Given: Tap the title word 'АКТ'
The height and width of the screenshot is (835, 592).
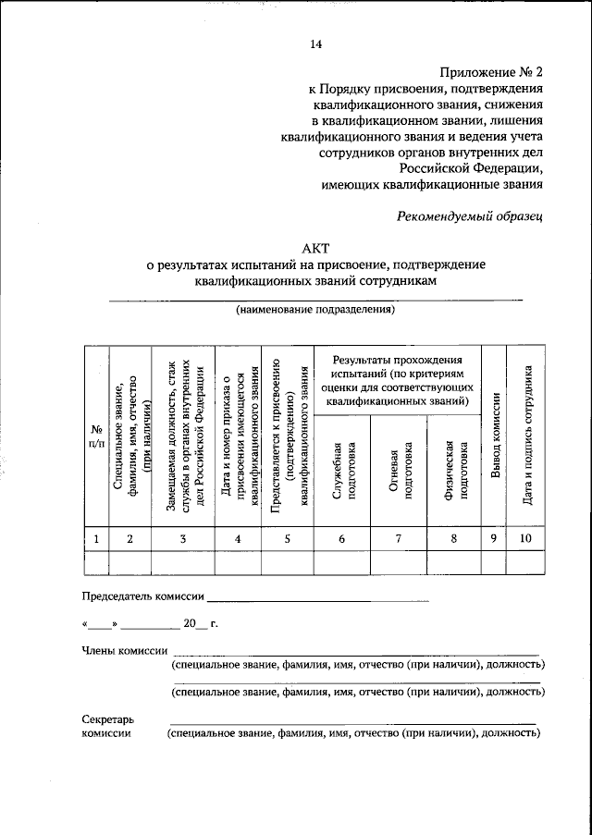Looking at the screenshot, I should pyautogui.click(x=315, y=249).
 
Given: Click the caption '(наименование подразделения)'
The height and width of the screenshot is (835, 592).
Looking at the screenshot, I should pyautogui.click(x=314, y=309).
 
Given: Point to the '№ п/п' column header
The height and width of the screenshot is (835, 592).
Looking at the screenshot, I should pyautogui.click(x=95, y=436).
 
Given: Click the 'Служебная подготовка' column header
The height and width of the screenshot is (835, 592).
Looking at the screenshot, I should pyautogui.click(x=342, y=471).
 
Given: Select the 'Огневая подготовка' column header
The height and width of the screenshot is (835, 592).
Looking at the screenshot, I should pyautogui.click(x=399, y=471).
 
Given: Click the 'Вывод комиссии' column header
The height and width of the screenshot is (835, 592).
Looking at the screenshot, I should pyautogui.click(x=496, y=436).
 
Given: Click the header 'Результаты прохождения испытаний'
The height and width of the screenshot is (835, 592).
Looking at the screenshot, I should pyautogui.click(x=399, y=380).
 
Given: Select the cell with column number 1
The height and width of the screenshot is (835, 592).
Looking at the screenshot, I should pyautogui.click(x=95, y=539).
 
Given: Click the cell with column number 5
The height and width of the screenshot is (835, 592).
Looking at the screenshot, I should pyautogui.click(x=287, y=539).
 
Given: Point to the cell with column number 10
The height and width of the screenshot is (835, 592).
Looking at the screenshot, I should pyautogui.click(x=525, y=539).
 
